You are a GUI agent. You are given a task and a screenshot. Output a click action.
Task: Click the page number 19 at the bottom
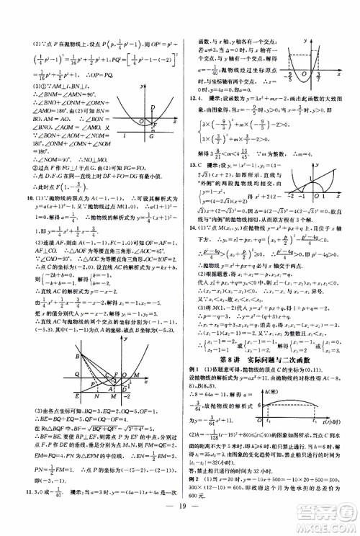tap(179, 517)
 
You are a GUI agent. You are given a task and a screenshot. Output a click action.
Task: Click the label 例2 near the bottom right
tap(193, 478)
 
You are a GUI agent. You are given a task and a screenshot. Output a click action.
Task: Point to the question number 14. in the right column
tap(191, 225)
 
